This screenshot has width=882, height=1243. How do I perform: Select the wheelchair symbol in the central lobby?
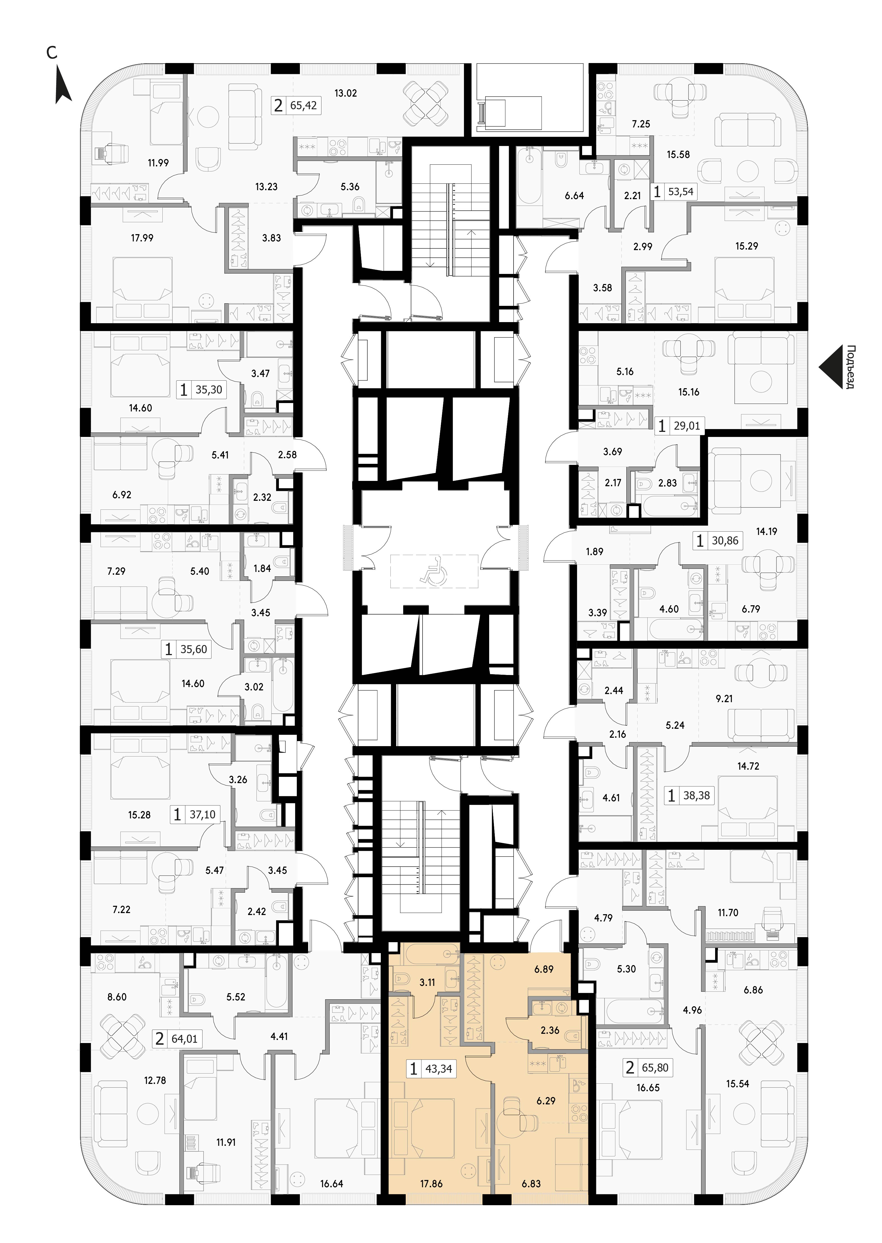click(433, 572)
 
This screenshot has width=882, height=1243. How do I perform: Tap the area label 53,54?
click(680, 192)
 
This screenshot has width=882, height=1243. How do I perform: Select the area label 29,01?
click(687, 427)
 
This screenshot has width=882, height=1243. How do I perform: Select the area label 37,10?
click(202, 815)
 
